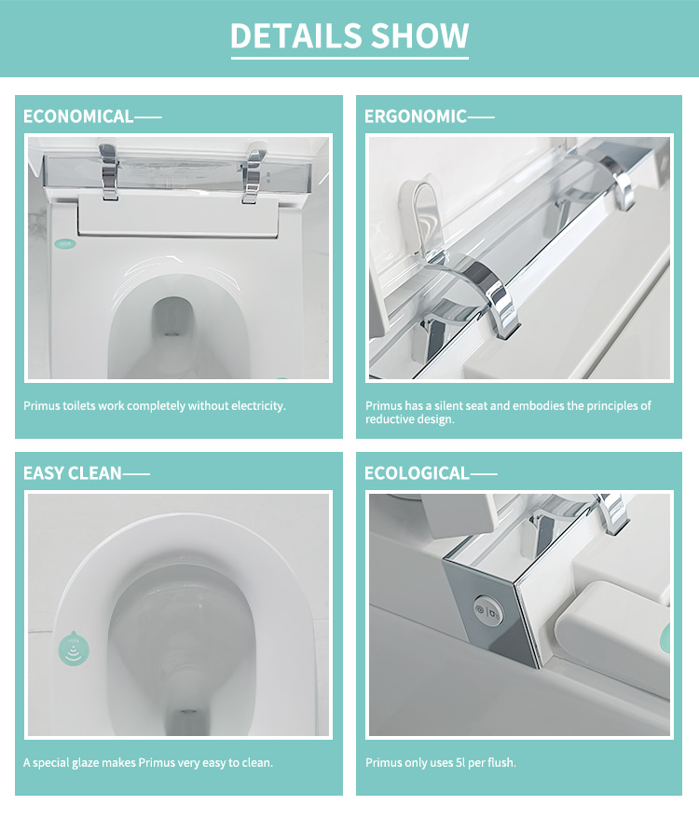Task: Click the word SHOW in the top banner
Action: [419, 35]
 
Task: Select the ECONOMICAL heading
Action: [78, 116]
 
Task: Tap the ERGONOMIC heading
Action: [416, 116]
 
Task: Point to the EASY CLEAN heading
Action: [73, 472]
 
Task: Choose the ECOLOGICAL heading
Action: [417, 472]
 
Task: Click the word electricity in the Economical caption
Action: [258, 406]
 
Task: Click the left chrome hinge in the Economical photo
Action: [109, 170]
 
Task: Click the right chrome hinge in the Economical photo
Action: [254, 172]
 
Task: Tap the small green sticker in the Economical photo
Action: [66, 243]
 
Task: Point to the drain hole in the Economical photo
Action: [172, 318]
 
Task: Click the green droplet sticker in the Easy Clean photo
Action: [74, 648]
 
